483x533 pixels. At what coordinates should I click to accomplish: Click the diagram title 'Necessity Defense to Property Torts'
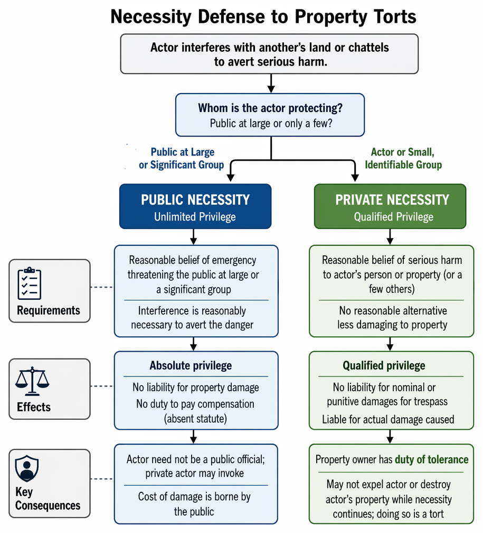[x=263, y=16]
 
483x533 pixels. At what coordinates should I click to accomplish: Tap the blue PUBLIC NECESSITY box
[x=195, y=206]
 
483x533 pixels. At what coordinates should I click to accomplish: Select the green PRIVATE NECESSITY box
[x=390, y=206]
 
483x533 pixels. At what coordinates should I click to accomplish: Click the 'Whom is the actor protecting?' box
[x=270, y=115]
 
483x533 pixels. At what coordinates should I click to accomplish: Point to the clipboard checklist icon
[x=30, y=283]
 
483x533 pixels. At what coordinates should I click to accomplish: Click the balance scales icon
[x=32, y=381]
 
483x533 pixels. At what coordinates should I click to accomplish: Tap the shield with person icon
[x=27, y=468]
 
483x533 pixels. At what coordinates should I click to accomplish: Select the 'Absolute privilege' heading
[x=191, y=365]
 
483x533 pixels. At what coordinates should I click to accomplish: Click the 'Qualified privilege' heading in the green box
[x=384, y=365]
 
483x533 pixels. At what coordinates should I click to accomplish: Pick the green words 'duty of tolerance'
[x=431, y=460]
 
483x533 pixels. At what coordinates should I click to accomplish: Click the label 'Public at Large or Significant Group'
[x=182, y=159]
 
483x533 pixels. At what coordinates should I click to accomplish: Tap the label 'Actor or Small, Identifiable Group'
[x=403, y=159]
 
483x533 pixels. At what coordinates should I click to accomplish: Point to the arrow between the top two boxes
[x=271, y=84]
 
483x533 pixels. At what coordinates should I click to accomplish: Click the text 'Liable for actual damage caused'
[x=388, y=419]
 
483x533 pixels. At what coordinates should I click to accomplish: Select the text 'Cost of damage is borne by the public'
[x=194, y=504]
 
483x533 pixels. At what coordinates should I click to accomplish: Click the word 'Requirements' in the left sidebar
[x=49, y=310]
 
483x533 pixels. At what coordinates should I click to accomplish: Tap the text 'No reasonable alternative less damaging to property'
[x=392, y=317]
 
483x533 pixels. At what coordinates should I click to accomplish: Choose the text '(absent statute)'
[x=195, y=418]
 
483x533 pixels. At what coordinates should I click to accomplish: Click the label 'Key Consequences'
[x=48, y=499]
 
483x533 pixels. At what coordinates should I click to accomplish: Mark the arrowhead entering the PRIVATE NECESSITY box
[x=355, y=178]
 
